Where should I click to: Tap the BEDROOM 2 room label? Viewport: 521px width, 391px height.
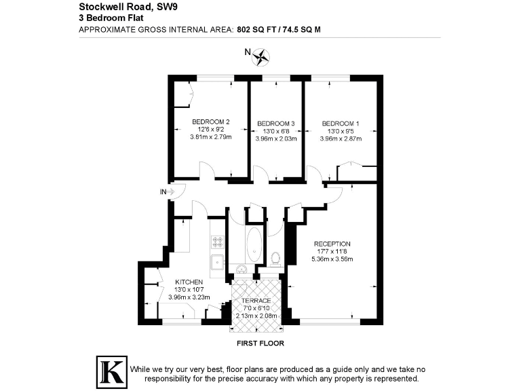tap(210, 122)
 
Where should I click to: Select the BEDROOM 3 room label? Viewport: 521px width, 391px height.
tap(276, 124)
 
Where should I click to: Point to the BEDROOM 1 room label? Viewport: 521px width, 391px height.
tap(341, 124)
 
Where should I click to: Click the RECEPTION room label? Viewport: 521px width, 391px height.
tap(332, 244)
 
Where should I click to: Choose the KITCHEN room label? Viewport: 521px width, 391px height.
tap(189, 282)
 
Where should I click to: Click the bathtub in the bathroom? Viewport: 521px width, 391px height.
tap(254, 245)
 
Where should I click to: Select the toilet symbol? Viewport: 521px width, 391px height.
tap(275, 258)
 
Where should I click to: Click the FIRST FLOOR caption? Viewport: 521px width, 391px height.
tap(257, 343)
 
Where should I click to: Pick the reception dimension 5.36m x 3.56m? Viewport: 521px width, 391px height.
tap(332, 259)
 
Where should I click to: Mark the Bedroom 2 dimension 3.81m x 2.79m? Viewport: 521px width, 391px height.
tap(210, 137)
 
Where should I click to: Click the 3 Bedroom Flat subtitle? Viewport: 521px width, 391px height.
tap(106, 20)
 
